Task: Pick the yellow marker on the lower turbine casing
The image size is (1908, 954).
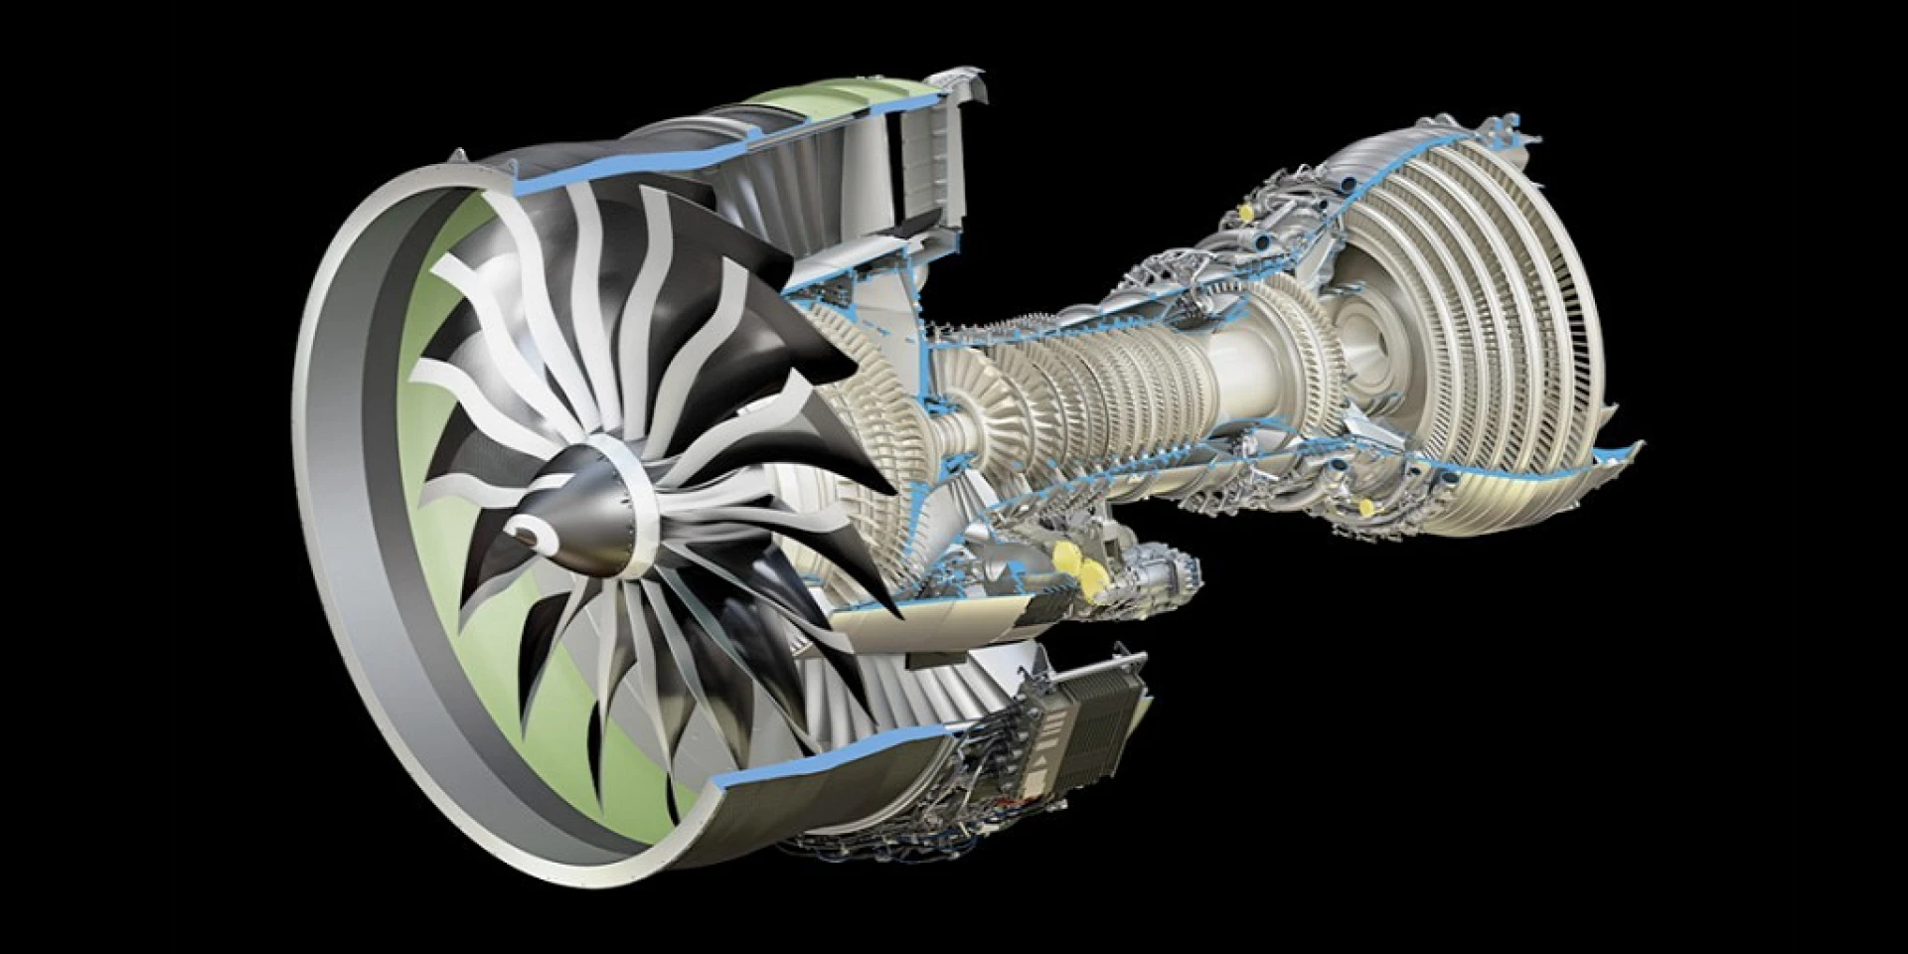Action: [x=1364, y=506]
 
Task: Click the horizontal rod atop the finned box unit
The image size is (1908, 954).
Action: [x=1093, y=669]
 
